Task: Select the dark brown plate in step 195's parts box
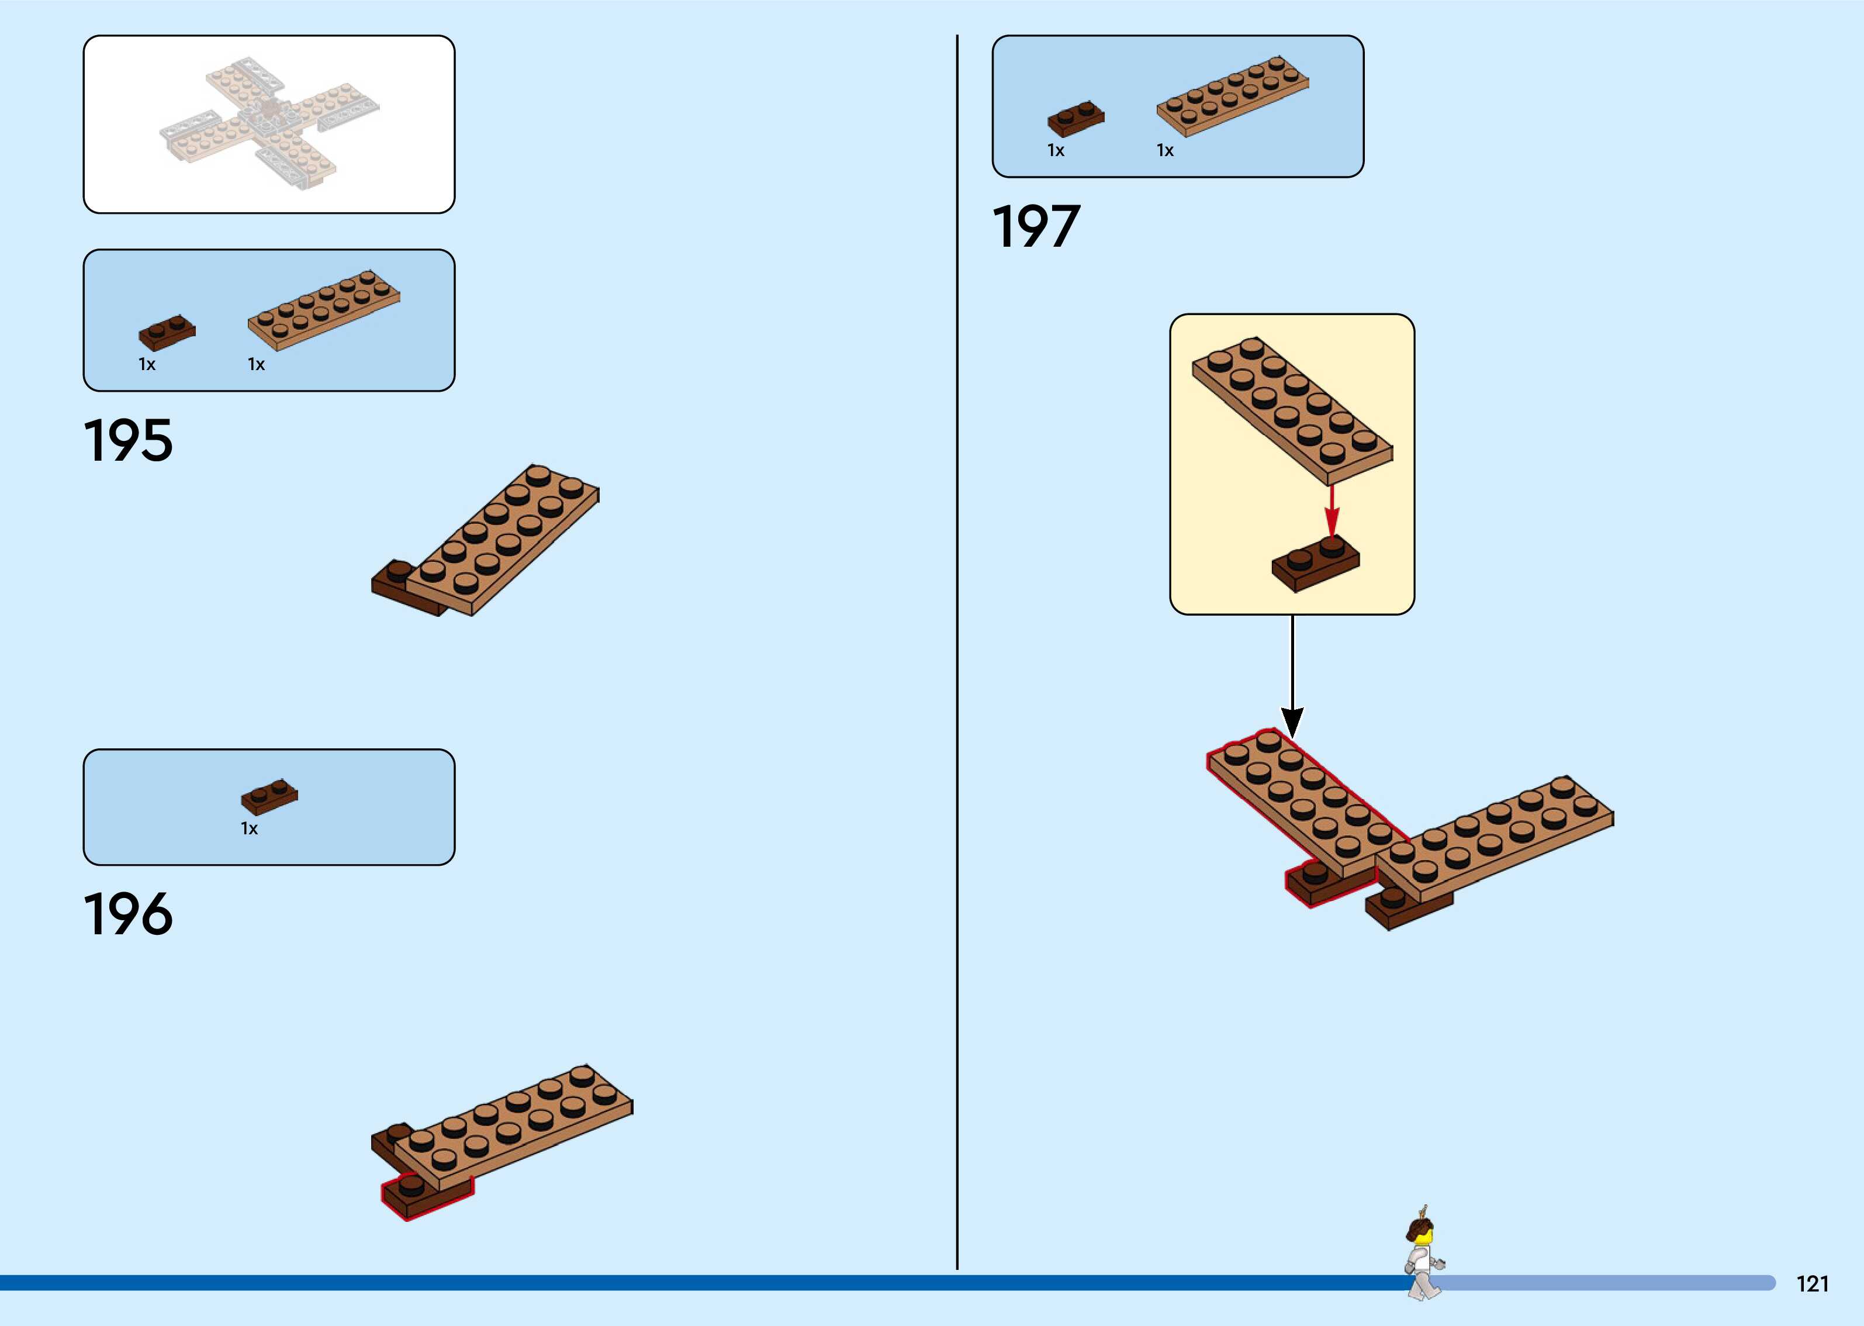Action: [x=167, y=332]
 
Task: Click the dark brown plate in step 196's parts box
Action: [x=269, y=796]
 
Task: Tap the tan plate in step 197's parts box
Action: [x=1232, y=95]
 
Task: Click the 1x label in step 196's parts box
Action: [x=249, y=829]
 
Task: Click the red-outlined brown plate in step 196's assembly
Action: [x=424, y=1194]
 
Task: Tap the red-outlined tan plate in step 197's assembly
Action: [x=1306, y=804]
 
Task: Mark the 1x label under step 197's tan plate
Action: [x=1164, y=150]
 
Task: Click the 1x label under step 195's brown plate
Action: [x=147, y=364]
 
